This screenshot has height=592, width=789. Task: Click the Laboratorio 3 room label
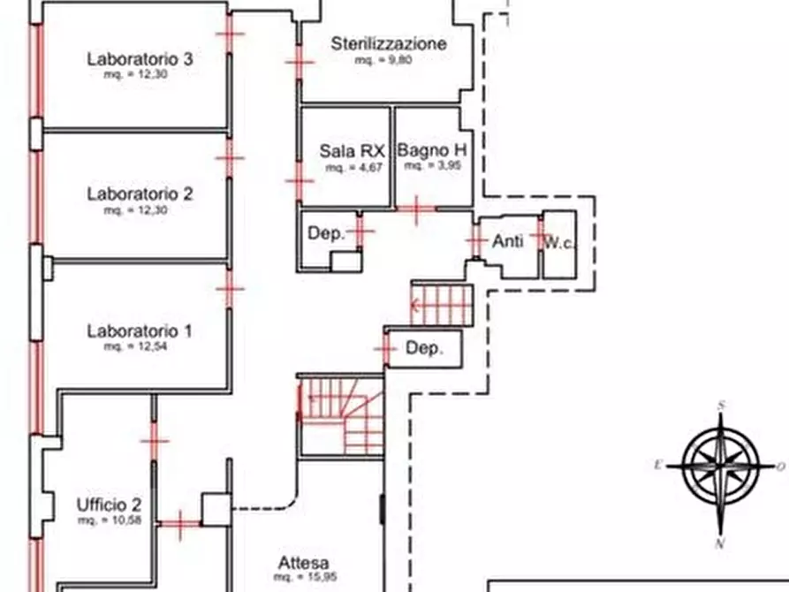point(140,59)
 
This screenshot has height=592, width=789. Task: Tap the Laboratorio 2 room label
point(140,194)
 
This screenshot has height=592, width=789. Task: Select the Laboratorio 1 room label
point(140,331)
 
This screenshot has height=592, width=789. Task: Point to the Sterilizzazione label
point(389,43)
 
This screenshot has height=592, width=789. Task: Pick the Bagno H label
point(432,150)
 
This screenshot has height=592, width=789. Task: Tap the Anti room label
point(507,240)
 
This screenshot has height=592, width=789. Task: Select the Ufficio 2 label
point(109,505)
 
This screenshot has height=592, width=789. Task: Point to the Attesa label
point(304,563)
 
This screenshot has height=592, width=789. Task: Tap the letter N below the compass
point(722,543)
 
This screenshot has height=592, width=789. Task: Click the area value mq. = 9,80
point(383,61)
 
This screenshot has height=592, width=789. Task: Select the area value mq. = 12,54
point(135,347)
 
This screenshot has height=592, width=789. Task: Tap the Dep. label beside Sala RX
point(324,234)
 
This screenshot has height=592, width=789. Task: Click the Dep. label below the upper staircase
point(422,348)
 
